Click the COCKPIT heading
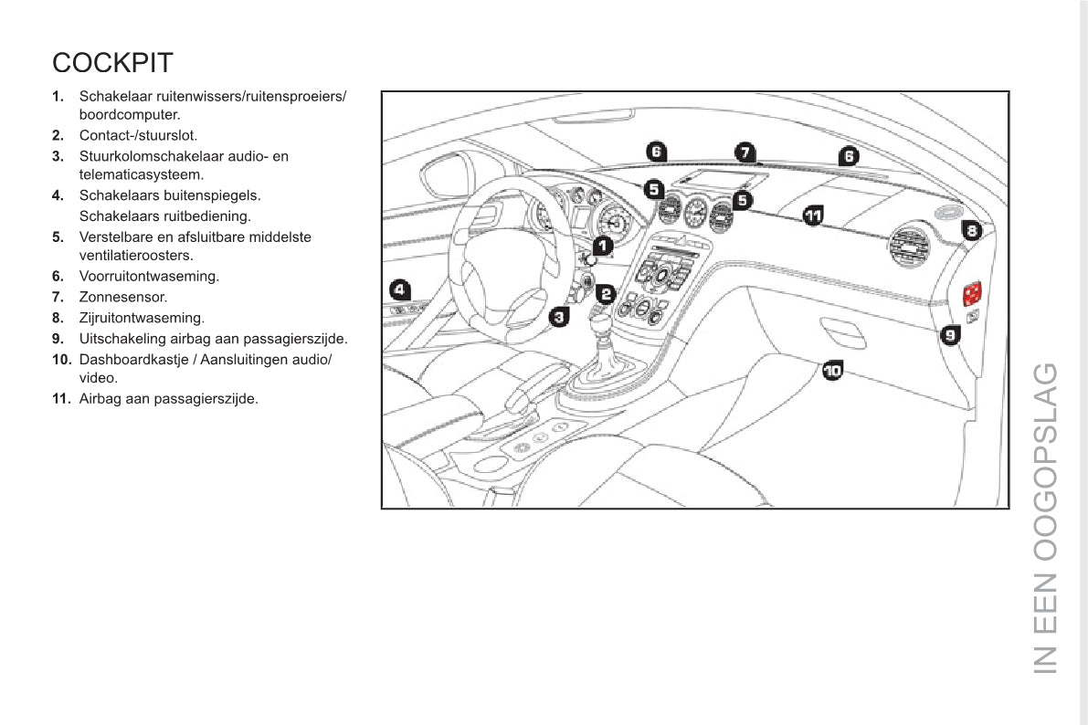(112, 63)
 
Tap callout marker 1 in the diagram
(602, 245)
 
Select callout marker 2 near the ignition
(605, 293)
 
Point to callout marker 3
(560, 317)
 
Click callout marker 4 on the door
(399, 289)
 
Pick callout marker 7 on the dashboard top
(745, 152)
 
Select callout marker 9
(950, 335)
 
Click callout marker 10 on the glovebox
(832, 370)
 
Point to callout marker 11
(813, 215)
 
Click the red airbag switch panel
(971, 292)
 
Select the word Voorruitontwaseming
(149, 276)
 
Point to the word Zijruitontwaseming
(142, 318)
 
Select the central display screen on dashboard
(718, 179)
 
